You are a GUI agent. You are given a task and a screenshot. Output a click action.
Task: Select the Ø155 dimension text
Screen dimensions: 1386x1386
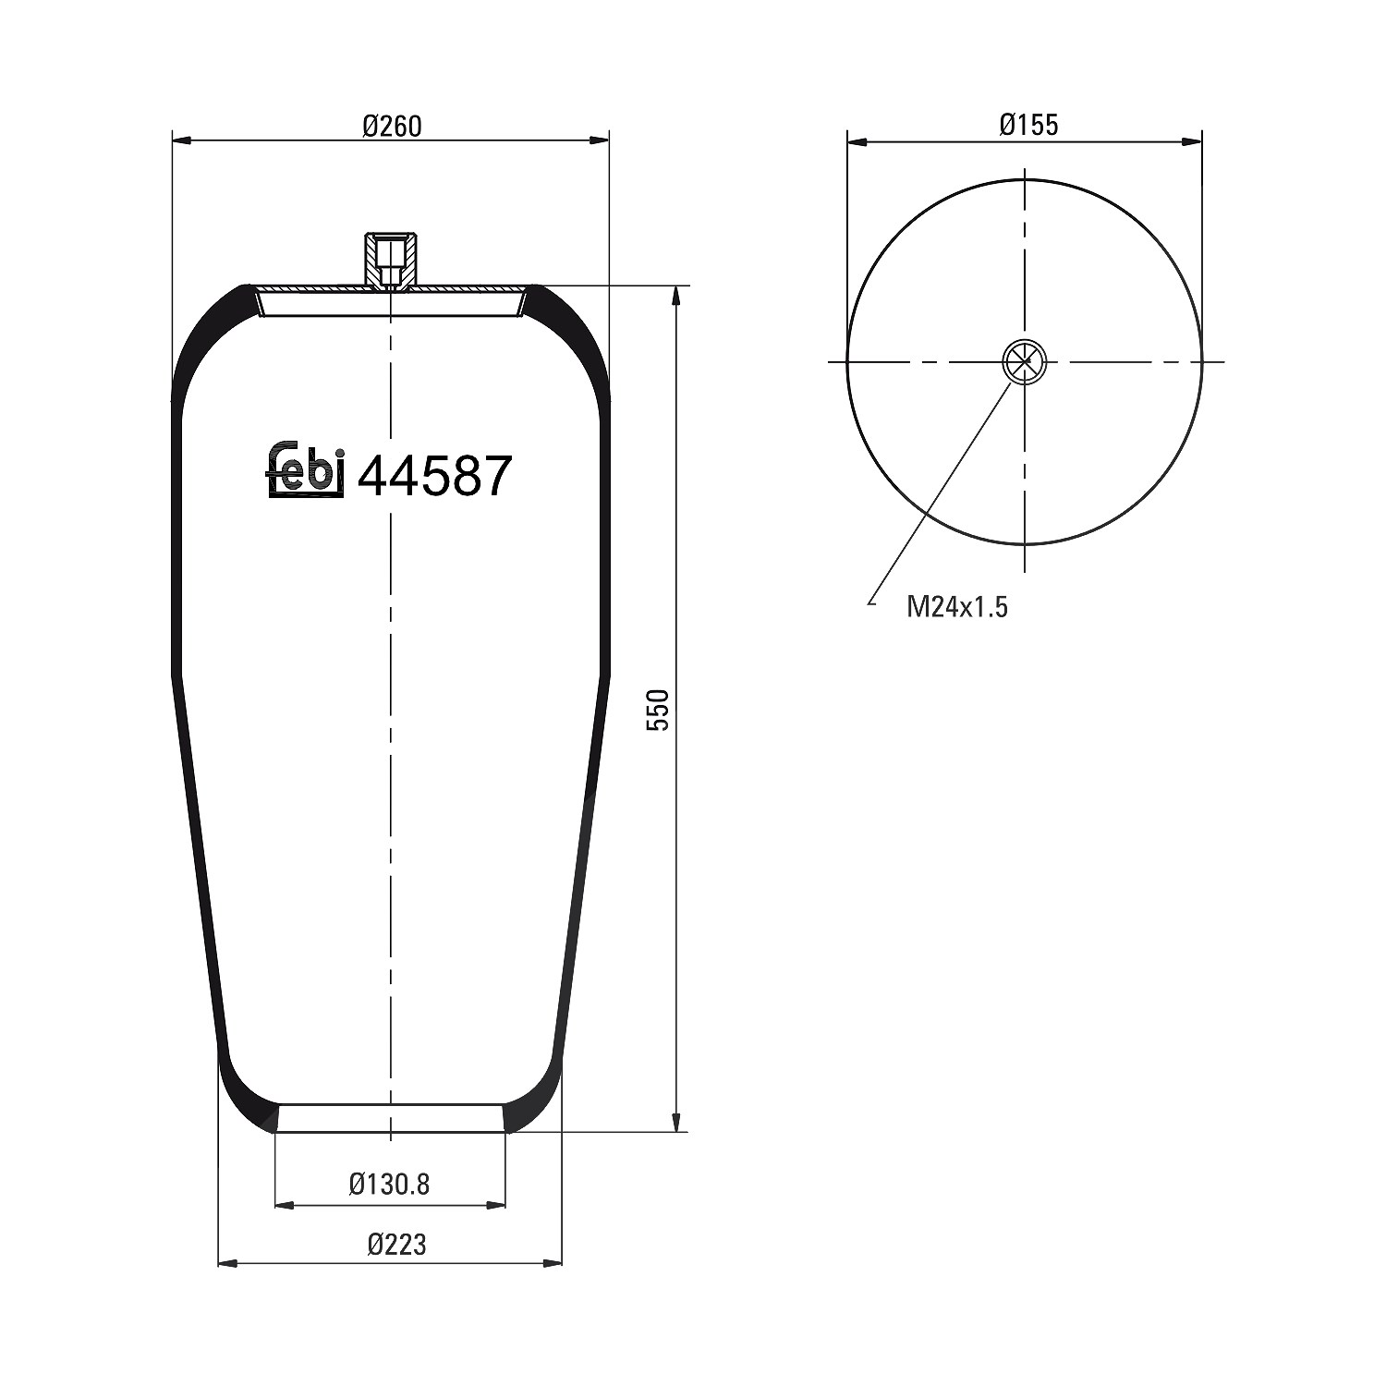[x=1028, y=124]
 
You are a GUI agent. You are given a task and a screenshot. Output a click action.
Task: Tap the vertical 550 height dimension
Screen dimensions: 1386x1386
[x=657, y=710]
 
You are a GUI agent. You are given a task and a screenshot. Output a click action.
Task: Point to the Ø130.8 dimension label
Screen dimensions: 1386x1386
[x=389, y=1184]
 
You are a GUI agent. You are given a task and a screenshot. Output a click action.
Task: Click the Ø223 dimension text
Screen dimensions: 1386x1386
[x=396, y=1244]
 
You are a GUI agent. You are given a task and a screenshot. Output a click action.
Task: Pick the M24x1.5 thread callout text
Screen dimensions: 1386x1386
[x=957, y=607]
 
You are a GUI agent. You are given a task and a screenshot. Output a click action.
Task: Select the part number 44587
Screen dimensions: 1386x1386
[x=433, y=477]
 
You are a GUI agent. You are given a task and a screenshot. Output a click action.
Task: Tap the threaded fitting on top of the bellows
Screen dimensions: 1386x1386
[x=392, y=262]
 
